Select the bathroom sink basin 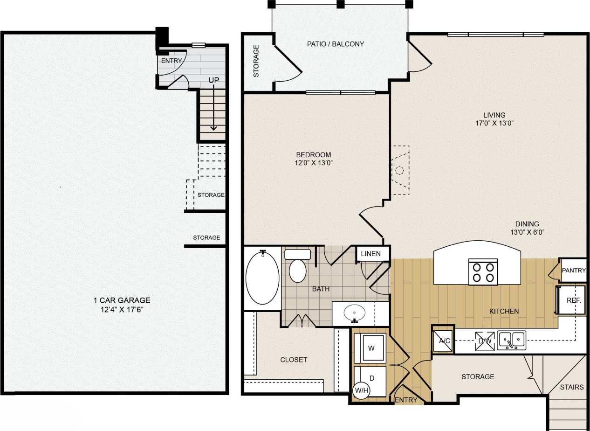(x=355, y=313)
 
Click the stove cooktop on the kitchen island (x=483, y=272)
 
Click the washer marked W (x=370, y=348)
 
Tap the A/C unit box (x=443, y=340)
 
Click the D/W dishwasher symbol (x=483, y=341)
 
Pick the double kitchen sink (x=511, y=340)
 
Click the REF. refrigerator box (x=573, y=300)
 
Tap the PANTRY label (x=573, y=271)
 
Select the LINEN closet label (x=371, y=254)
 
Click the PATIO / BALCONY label (x=335, y=44)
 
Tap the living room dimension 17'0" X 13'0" (x=494, y=124)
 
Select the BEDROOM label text (x=314, y=155)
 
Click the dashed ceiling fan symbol (x=399, y=170)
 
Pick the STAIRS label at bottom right (x=571, y=387)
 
